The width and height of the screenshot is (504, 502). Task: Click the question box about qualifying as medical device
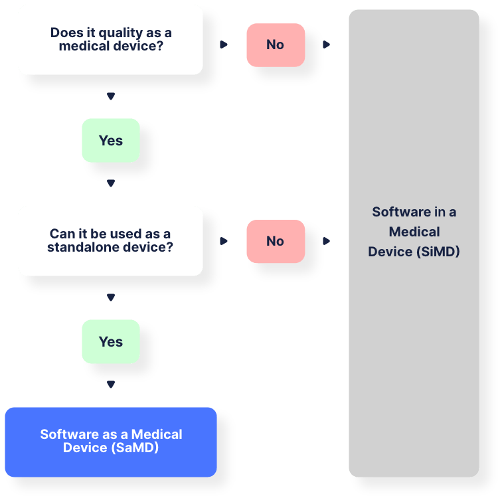click(110, 40)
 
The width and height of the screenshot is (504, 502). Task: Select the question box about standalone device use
click(110, 240)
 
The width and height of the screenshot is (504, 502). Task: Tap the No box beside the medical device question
click(276, 44)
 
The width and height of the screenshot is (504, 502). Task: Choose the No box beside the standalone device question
click(276, 241)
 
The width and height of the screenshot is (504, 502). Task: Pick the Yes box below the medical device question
click(111, 140)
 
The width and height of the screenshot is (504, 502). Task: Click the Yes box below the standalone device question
click(111, 341)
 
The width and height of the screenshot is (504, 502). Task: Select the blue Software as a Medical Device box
click(111, 442)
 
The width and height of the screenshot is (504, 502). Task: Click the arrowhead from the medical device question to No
click(224, 44)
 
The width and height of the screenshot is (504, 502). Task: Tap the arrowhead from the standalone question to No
click(224, 241)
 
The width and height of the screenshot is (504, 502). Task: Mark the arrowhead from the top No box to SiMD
click(327, 44)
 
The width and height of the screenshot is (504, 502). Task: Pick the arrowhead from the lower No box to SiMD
click(327, 241)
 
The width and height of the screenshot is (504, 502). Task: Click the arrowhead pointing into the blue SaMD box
click(111, 385)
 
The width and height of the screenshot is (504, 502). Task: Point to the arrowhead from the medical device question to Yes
click(111, 97)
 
